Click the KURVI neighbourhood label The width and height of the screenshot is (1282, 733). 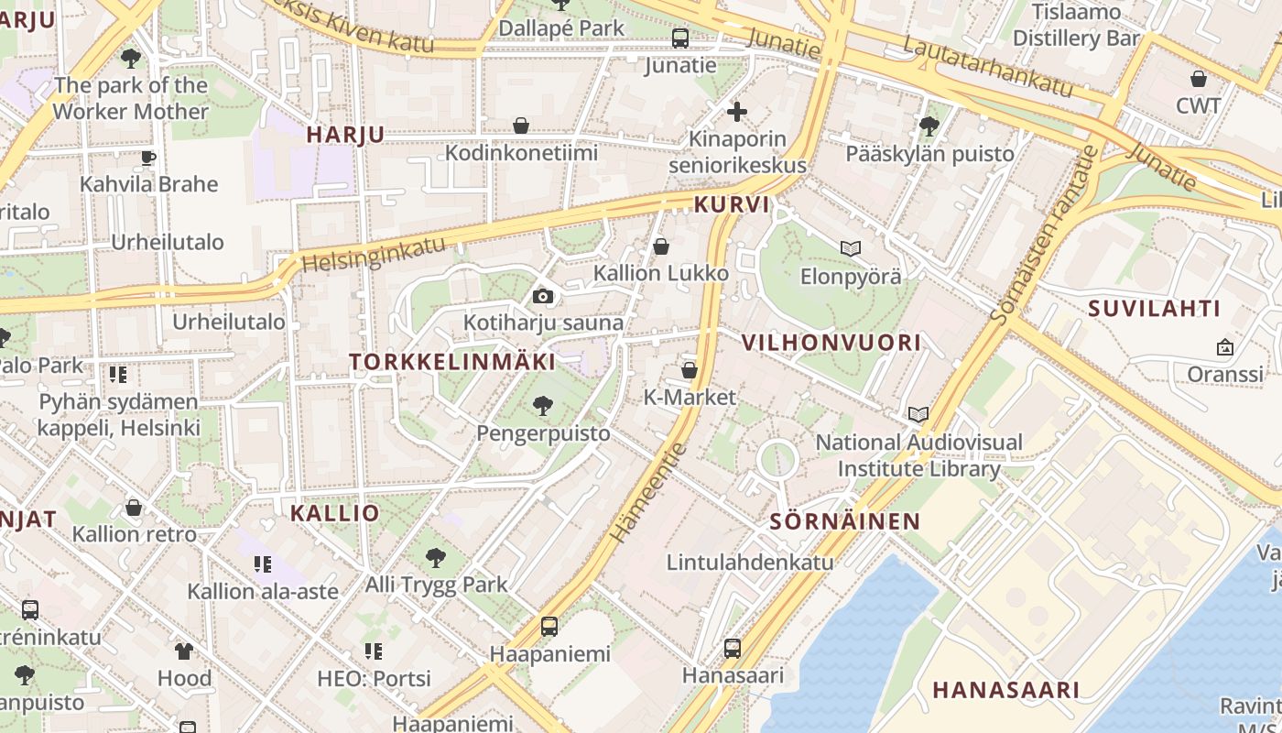click(732, 204)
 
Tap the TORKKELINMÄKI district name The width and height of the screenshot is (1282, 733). click(452, 362)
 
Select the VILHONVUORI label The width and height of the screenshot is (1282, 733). click(831, 344)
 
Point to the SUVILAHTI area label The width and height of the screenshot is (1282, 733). click(1154, 309)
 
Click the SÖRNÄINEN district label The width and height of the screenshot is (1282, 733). click(844, 522)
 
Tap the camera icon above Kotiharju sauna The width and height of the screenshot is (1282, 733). click(543, 296)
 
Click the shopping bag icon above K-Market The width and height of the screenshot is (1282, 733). click(690, 370)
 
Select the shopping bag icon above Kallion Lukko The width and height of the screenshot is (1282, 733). click(660, 246)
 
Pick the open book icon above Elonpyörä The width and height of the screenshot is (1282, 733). click(851, 248)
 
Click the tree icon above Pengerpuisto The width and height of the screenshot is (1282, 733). click(543, 405)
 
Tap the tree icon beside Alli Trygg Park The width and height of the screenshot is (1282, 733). click(436, 557)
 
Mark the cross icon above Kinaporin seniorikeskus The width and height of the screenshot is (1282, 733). click(737, 113)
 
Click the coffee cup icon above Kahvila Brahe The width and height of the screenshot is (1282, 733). click(148, 158)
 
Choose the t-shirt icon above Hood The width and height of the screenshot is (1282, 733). click(184, 651)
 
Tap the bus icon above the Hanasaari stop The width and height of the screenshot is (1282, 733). click(733, 648)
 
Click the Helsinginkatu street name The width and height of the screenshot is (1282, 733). click(374, 255)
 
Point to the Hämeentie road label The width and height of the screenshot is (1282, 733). click(647, 492)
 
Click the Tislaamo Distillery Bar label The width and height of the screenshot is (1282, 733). click(1076, 26)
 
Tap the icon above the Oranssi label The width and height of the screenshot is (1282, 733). click(1224, 347)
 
